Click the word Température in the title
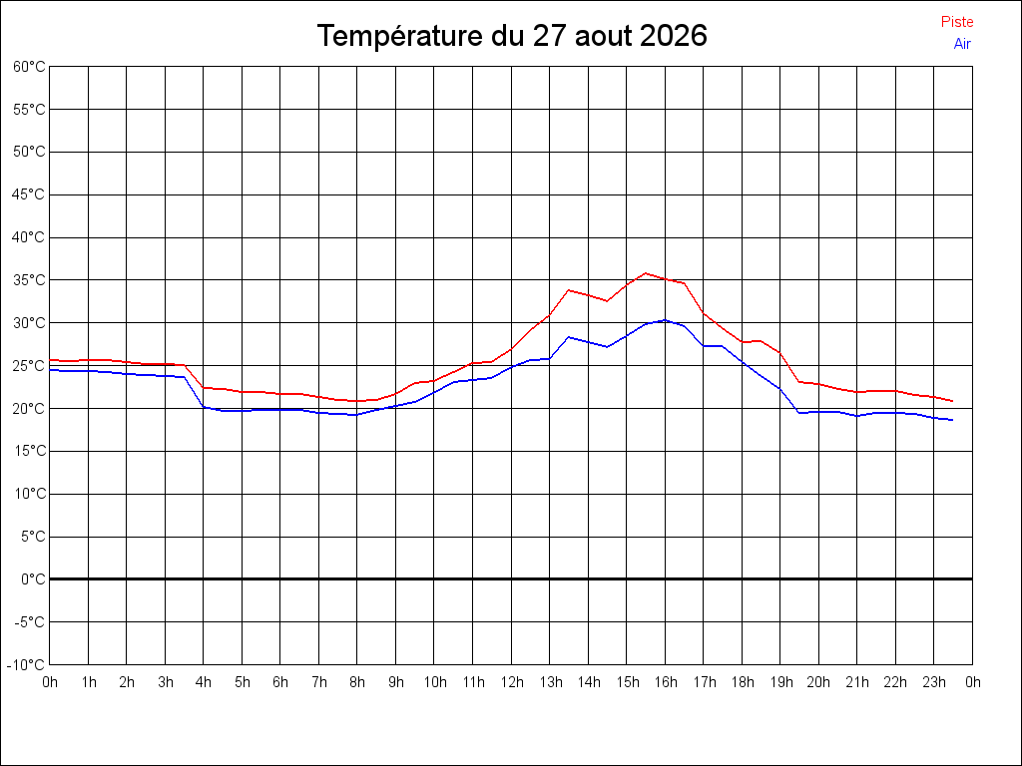tap(400, 37)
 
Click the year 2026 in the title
tap(674, 35)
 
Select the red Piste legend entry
tap(957, 22)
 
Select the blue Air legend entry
tap(962, 44)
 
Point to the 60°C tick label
tap(29, 67)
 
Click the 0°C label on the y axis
tap(33, 579)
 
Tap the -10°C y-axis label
tap(26, 665)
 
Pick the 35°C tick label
tap(29, 280)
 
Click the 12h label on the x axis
tap(512, 682)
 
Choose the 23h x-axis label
tap(934, 682)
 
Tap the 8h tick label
tap(357, 682)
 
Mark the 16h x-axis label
tap(666, 682)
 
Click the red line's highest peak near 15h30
tap(646, 273)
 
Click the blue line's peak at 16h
tap(665, 320)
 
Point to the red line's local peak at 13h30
tap(568, 290)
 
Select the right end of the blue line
tap(953, 420)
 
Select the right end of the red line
tap(953, 401)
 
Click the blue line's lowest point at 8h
tap(356, 415)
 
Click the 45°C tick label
tap(29, 194)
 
